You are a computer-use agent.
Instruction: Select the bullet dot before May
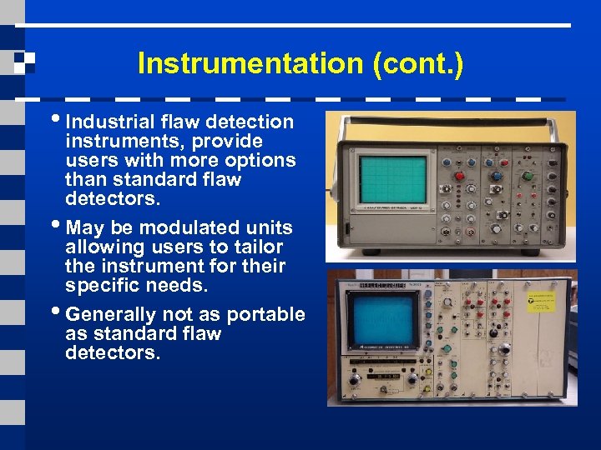click(x=59, y=226)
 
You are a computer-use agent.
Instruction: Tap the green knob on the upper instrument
click(x=526, y=176)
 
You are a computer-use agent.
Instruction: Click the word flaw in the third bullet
click(x=200, y=333)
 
